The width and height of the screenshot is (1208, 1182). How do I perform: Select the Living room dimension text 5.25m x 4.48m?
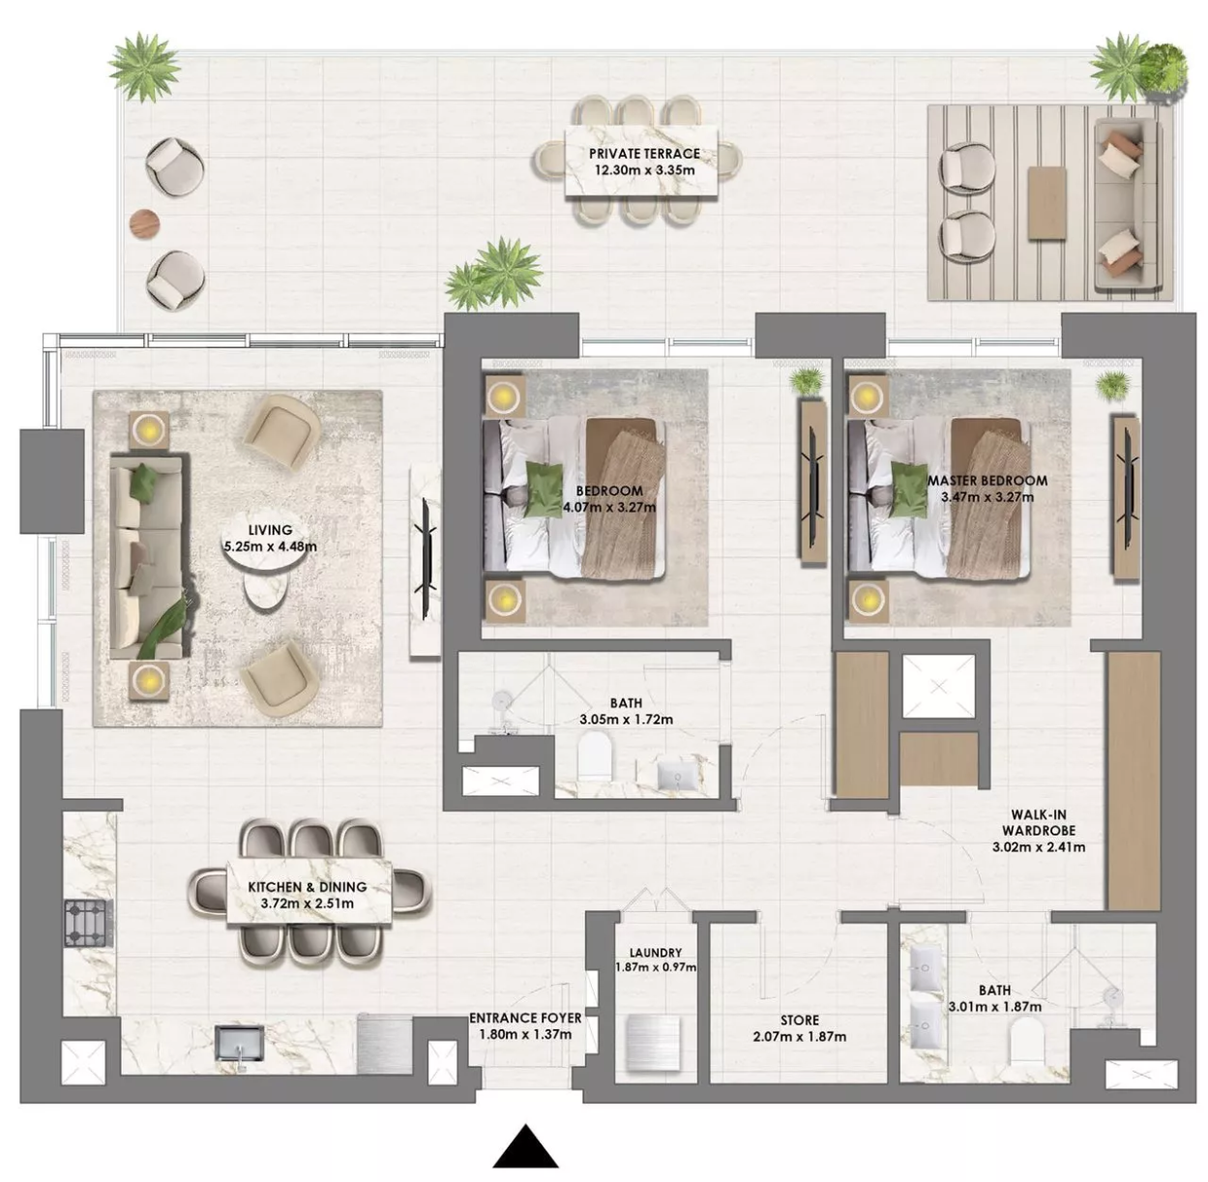pos(270,547)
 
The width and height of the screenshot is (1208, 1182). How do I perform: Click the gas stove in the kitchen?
pos(89,922)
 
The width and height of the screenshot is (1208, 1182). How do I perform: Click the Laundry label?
pos(656,953)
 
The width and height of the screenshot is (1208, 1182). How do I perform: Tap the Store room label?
pos(800,1019)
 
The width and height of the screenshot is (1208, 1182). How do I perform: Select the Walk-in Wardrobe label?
pos(1039,822)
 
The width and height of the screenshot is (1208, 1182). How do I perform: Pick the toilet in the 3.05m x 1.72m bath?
pos(595,754)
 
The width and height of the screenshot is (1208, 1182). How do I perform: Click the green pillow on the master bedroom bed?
pos(909,489)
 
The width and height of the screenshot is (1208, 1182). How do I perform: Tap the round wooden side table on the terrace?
pos(145,222)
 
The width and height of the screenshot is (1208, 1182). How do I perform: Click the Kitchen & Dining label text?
pos(308,886)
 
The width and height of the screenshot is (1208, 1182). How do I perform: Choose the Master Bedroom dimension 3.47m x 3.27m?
pos(987,496)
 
